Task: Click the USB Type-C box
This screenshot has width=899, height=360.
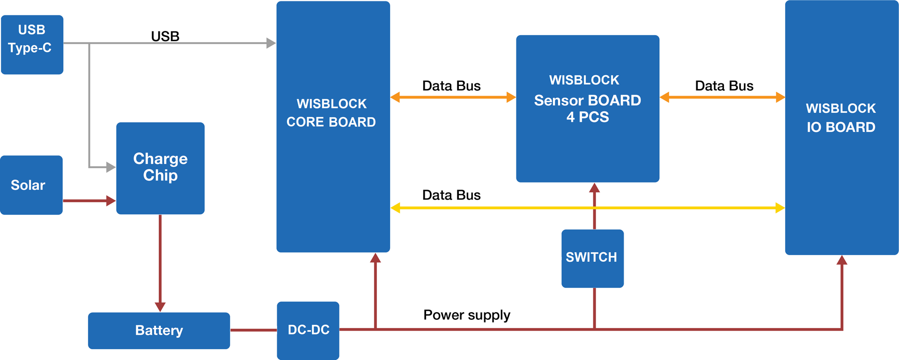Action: tap(32, 44)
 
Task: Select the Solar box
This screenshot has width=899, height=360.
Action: tap(31, 185)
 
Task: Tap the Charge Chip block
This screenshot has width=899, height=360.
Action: tap(160, 168)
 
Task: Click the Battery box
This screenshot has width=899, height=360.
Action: tap(159, 331)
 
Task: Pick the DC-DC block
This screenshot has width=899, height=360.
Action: tap(308, 331)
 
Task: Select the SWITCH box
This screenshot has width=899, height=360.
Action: tap(592, 258)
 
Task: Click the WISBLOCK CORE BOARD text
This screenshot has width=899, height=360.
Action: tap(331, 113)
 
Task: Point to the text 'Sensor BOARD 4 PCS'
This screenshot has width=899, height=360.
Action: tap(588, 109)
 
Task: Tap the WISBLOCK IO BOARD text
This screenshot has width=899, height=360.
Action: tap(841, 118)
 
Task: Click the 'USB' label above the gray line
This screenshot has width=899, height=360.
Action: tap(165, 36)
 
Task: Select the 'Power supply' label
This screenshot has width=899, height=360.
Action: tap(467, 315)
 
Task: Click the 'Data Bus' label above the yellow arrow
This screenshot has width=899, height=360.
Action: tap(451, 195)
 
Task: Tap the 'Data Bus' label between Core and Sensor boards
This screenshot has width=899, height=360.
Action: tap(451, 86)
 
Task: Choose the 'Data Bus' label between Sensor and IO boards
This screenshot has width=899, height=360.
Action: tap(724, 86)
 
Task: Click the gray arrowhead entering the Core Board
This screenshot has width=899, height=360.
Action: tap(271, 43)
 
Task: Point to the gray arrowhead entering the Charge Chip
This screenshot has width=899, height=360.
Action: tap(111, 167)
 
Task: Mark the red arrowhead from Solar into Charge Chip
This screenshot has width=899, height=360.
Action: tap(111, 201)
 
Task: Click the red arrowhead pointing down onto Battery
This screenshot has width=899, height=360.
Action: tap(160, 307)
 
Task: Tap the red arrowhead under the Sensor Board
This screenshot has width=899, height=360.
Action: tap(595, 188)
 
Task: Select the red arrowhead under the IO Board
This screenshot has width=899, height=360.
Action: tap(842, 260)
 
